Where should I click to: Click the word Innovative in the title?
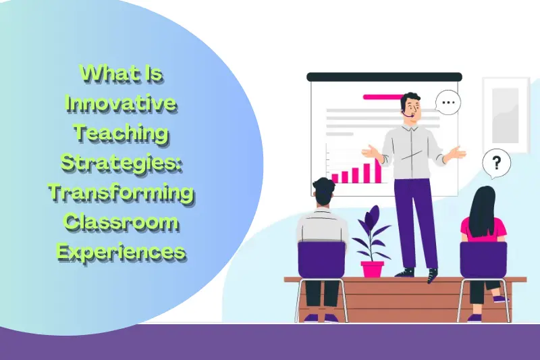pos(121,104)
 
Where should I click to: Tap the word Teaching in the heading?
pos(121,133)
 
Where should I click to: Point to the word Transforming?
pos(121,192)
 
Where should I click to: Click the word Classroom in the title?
pos(121,222)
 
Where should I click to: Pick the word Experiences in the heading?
pos(121,251)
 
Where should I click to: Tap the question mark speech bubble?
pos(497,163)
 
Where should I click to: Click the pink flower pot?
pos(372,268)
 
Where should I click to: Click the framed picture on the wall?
pos(505,108)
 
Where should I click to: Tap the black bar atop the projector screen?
pos(384,77)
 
